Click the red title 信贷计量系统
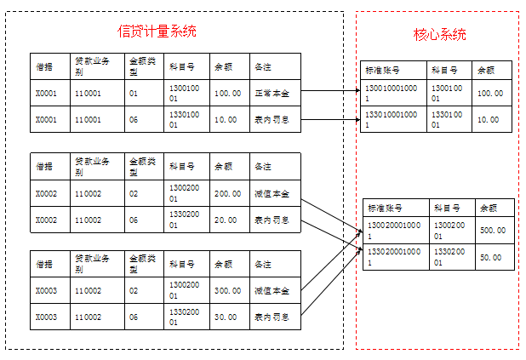157,31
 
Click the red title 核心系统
439,35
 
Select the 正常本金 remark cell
272,93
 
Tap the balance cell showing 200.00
227,193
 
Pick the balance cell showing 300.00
227,291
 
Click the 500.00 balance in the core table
493,231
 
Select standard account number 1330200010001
393,256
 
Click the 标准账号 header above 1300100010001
382,70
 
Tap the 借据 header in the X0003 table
44,264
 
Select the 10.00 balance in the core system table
489,119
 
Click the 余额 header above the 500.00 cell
488,208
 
